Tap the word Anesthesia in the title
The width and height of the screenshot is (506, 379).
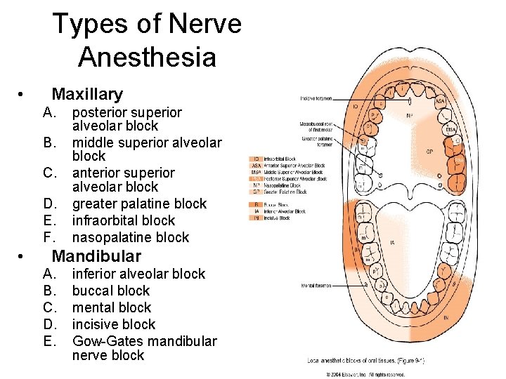[x=147, y=57]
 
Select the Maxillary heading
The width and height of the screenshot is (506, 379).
[x=87, y=94]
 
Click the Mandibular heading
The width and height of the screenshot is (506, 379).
[x=96, y=256]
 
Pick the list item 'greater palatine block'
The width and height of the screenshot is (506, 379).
[x=139, y=204]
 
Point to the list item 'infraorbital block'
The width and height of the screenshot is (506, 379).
[x=124, y=220]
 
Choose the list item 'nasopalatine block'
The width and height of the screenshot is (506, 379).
[x=131, y=237]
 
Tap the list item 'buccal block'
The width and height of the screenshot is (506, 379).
[x=111, y=291]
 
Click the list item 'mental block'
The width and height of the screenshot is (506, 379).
[x=112, y=307]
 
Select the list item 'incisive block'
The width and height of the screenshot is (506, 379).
[x=114, y=324]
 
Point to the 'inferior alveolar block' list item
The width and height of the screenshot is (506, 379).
[x=138, y=274]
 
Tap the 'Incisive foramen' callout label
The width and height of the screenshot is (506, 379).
[x=315, y=98]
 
